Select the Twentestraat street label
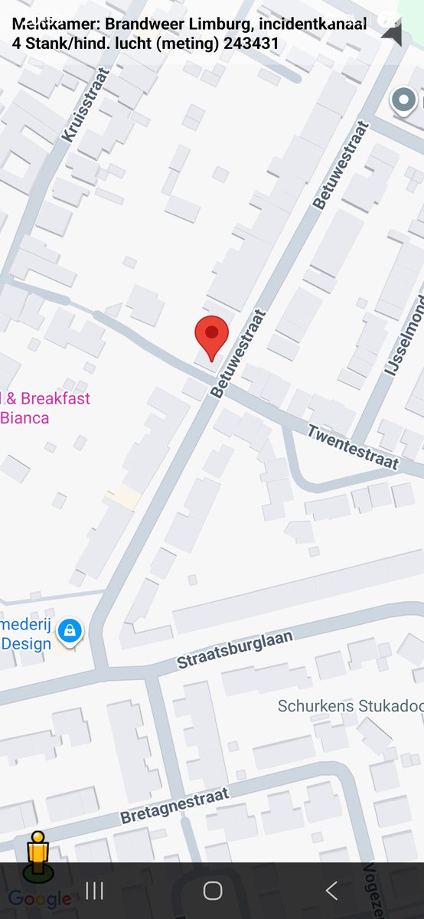click(x=353, y=447)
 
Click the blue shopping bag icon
click(x=70, y=631)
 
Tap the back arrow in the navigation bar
click(x=331, y=890)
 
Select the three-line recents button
click(x=95, y=890)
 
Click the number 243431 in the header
click(x=251, y=44)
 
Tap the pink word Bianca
click(x=24, y=418)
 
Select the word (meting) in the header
click(x=189, y=44)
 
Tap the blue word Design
click(x=26, y=643)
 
